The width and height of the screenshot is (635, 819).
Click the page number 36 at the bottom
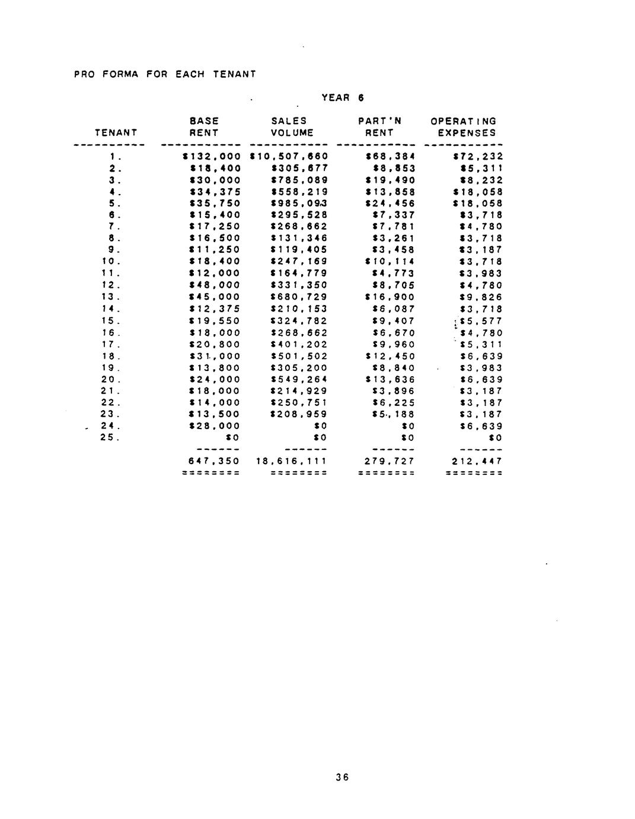pos(341,777)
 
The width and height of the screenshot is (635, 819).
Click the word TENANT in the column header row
pos(116,133)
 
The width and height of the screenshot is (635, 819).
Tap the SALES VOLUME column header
pos(291,127)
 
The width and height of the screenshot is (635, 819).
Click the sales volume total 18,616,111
pos(291,461)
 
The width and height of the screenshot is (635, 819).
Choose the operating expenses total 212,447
pos(477,461)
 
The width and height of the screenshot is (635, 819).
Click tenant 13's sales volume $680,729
pos(299,297)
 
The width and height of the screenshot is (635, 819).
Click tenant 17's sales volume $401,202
pos(299,345)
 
